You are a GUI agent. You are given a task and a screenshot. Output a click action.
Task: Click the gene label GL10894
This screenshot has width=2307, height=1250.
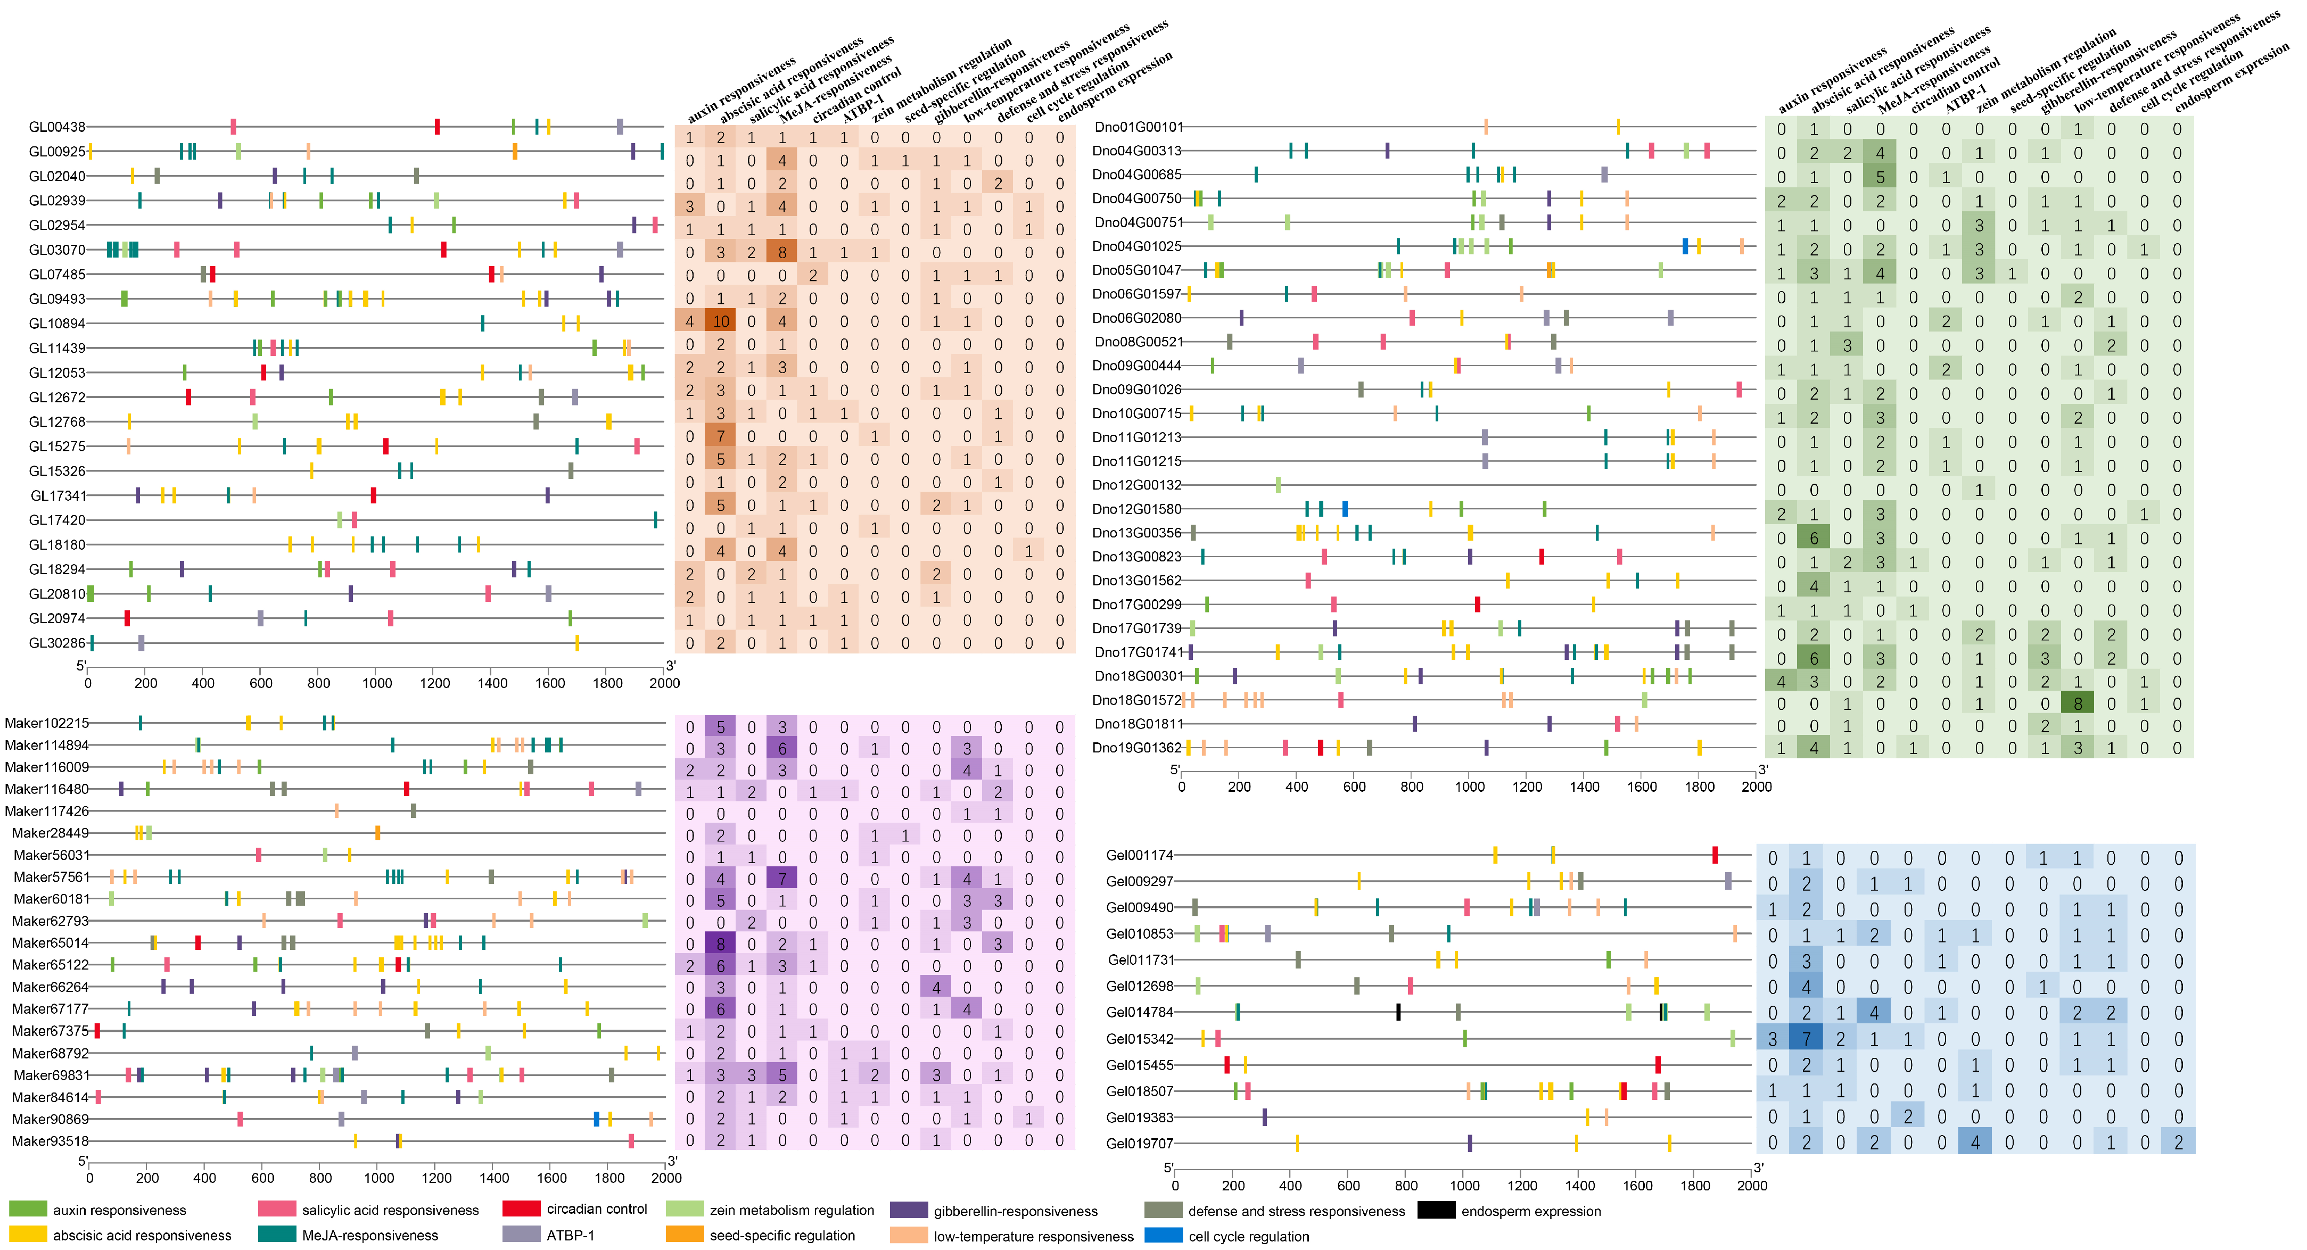click(56, 323)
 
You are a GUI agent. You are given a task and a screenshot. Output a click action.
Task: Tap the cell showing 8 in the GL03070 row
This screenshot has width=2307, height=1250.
click(782, 253)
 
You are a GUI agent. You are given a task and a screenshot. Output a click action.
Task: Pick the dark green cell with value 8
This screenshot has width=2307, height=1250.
click(2078, 704)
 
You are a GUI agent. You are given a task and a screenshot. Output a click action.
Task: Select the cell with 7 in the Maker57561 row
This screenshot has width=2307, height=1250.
click(782, 879)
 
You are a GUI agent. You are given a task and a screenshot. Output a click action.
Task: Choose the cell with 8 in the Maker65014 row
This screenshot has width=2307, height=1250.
click(720, 945)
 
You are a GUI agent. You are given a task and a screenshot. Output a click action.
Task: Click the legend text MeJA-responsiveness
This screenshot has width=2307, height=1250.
click(370, 1236)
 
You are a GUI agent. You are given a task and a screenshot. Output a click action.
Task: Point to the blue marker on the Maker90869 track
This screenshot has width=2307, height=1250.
click(597, 1119)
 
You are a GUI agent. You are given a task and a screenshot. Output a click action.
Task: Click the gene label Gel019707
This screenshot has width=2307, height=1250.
click(1139, 1144)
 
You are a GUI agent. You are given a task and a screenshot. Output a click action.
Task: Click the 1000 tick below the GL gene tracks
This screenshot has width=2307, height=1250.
click(376, 683)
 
